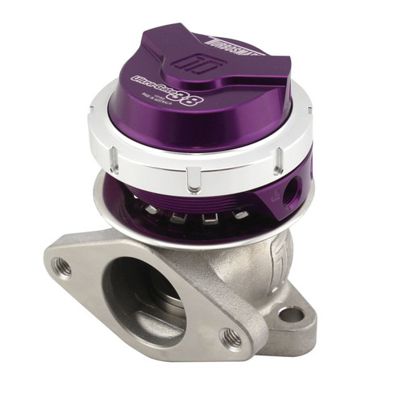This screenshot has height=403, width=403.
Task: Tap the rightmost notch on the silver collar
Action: point(279,162)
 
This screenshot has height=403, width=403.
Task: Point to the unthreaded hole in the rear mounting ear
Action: point(290,313)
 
